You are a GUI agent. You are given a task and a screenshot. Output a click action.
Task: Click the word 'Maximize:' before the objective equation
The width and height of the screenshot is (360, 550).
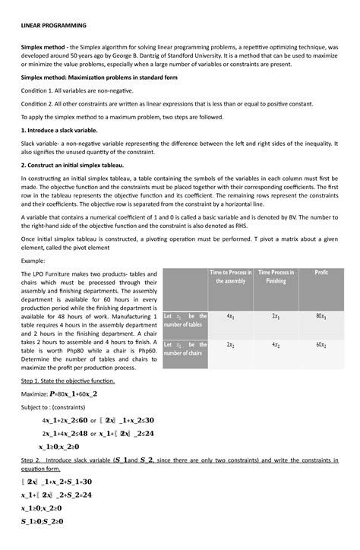click(36, 394)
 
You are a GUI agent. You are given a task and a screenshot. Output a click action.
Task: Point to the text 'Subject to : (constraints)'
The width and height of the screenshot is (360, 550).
click(57, 407)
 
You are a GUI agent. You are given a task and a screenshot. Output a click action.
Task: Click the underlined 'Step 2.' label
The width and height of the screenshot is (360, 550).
click(34, 460)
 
